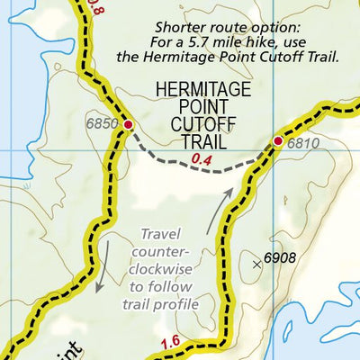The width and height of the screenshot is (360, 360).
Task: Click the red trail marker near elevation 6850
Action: click(128, 124)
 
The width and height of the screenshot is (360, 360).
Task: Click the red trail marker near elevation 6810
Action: click(278, 141)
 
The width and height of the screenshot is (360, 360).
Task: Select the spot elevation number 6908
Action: click(280, 259)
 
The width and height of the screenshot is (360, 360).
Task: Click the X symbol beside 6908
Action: click(257, 264)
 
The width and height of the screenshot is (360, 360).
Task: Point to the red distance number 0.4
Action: click(202, 160)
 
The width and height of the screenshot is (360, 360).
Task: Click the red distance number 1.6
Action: click(171, 343)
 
